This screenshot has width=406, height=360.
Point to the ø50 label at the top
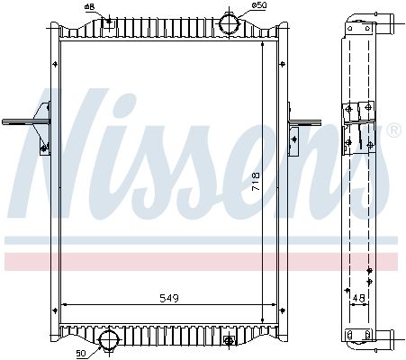[x=258, y=6]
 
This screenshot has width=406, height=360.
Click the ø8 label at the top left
[x=89, y=7]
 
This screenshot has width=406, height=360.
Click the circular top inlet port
[x=231, y=22]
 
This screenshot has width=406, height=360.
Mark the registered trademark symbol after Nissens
[x=393, y=132]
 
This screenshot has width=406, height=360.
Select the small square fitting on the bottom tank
[x=230, y=339]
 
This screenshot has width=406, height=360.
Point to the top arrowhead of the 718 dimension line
[x=265, y=45]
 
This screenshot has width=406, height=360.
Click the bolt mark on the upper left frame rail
[x=49, y=64]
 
